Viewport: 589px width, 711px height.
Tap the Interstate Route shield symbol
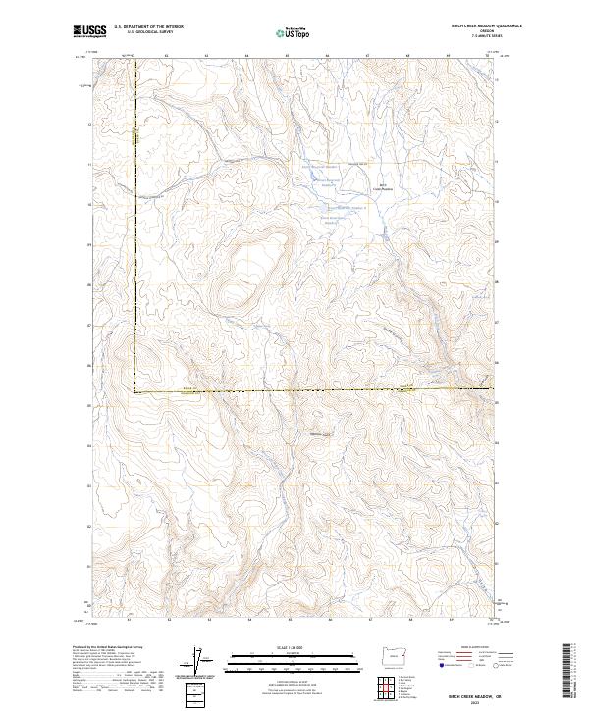(441, 666)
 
